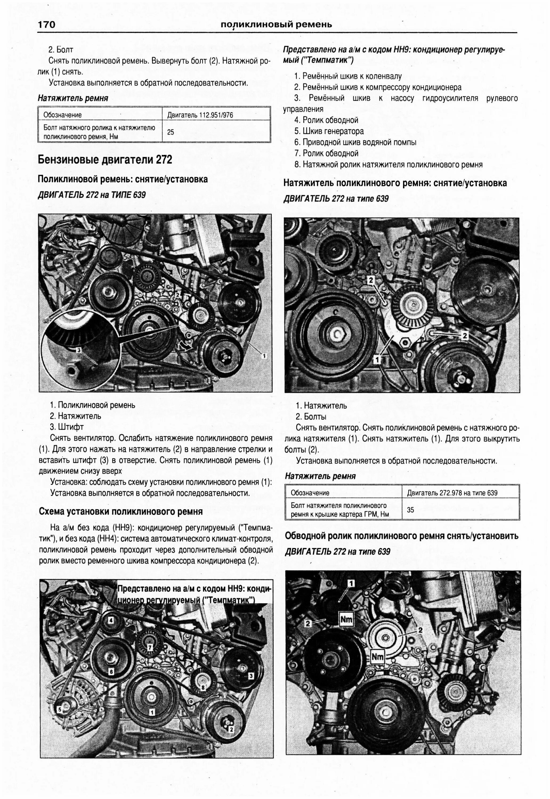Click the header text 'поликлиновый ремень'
pos(276,25)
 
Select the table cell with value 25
pos(171,132)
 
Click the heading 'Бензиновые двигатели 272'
pos(105,160)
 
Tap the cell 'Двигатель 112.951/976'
pos(200,115)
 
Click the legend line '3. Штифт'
pos(67,427)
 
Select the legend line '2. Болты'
pos(310,417)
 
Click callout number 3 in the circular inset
pos(79,350)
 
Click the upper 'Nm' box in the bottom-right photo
pos(346,619)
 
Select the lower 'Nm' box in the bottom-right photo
pos(377,657)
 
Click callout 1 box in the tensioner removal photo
pos(377,360)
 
